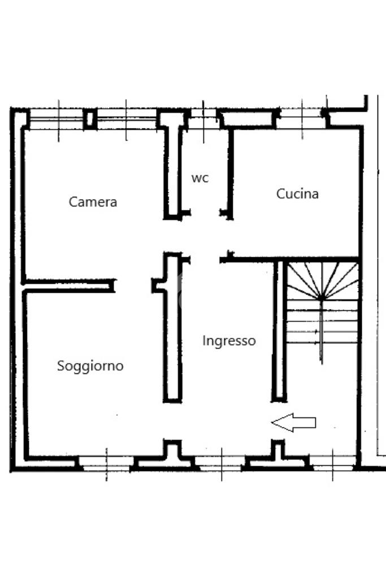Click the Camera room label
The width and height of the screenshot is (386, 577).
tap(93, 201)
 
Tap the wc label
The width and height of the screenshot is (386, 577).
tap(200, 178)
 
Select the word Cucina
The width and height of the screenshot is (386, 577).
tap(297, 193)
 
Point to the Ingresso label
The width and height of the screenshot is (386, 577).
tap(229, 341)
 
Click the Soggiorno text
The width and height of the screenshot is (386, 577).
tap(90, 366)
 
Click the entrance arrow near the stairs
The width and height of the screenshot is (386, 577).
tap(293, 422)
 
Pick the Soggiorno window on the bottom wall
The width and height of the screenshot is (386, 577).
tap(107, 463)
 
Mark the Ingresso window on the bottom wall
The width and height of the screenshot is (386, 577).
tap(221, 463)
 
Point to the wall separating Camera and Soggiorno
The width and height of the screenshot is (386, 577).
tap(68, 285)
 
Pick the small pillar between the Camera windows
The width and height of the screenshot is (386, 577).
tap(89, 119)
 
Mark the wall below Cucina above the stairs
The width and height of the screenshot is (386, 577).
tap(294, 259)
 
